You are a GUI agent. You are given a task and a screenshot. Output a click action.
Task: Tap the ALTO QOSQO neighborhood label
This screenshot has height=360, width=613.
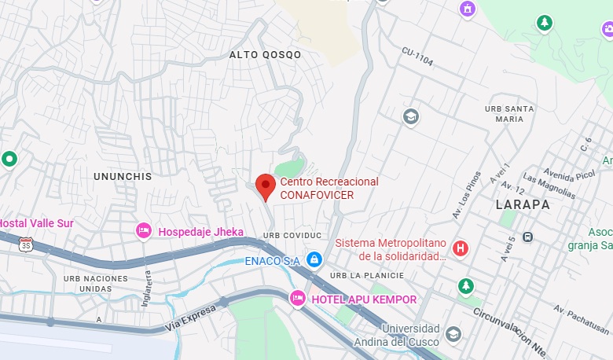tap(265, 55)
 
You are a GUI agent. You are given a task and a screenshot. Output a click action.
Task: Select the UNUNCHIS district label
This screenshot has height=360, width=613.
tap(122, 176)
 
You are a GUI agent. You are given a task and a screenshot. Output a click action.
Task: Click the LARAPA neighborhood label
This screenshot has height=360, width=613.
tap(523, 204)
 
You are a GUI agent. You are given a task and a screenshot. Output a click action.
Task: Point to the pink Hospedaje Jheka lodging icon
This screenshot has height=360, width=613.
tap(144, 231)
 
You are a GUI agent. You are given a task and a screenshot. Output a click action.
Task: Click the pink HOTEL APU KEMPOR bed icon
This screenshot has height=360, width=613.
tap(298, 299)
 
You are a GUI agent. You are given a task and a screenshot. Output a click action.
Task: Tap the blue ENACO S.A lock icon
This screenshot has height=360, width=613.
tap(314, 259)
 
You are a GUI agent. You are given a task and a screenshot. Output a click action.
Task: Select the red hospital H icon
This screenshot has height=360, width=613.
tap(461, 249)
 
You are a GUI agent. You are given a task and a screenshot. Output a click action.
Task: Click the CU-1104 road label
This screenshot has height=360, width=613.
tap(417, 56)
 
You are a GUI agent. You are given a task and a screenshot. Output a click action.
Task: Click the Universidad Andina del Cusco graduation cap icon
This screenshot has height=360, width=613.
tap(453, 335)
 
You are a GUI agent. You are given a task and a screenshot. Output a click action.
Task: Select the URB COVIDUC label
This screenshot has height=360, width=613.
tap(293, 235)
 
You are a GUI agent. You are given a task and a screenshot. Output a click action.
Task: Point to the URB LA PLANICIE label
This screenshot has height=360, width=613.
tap(367, 275)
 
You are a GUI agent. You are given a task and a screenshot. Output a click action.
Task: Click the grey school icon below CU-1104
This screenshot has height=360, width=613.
tap(409, 117)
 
